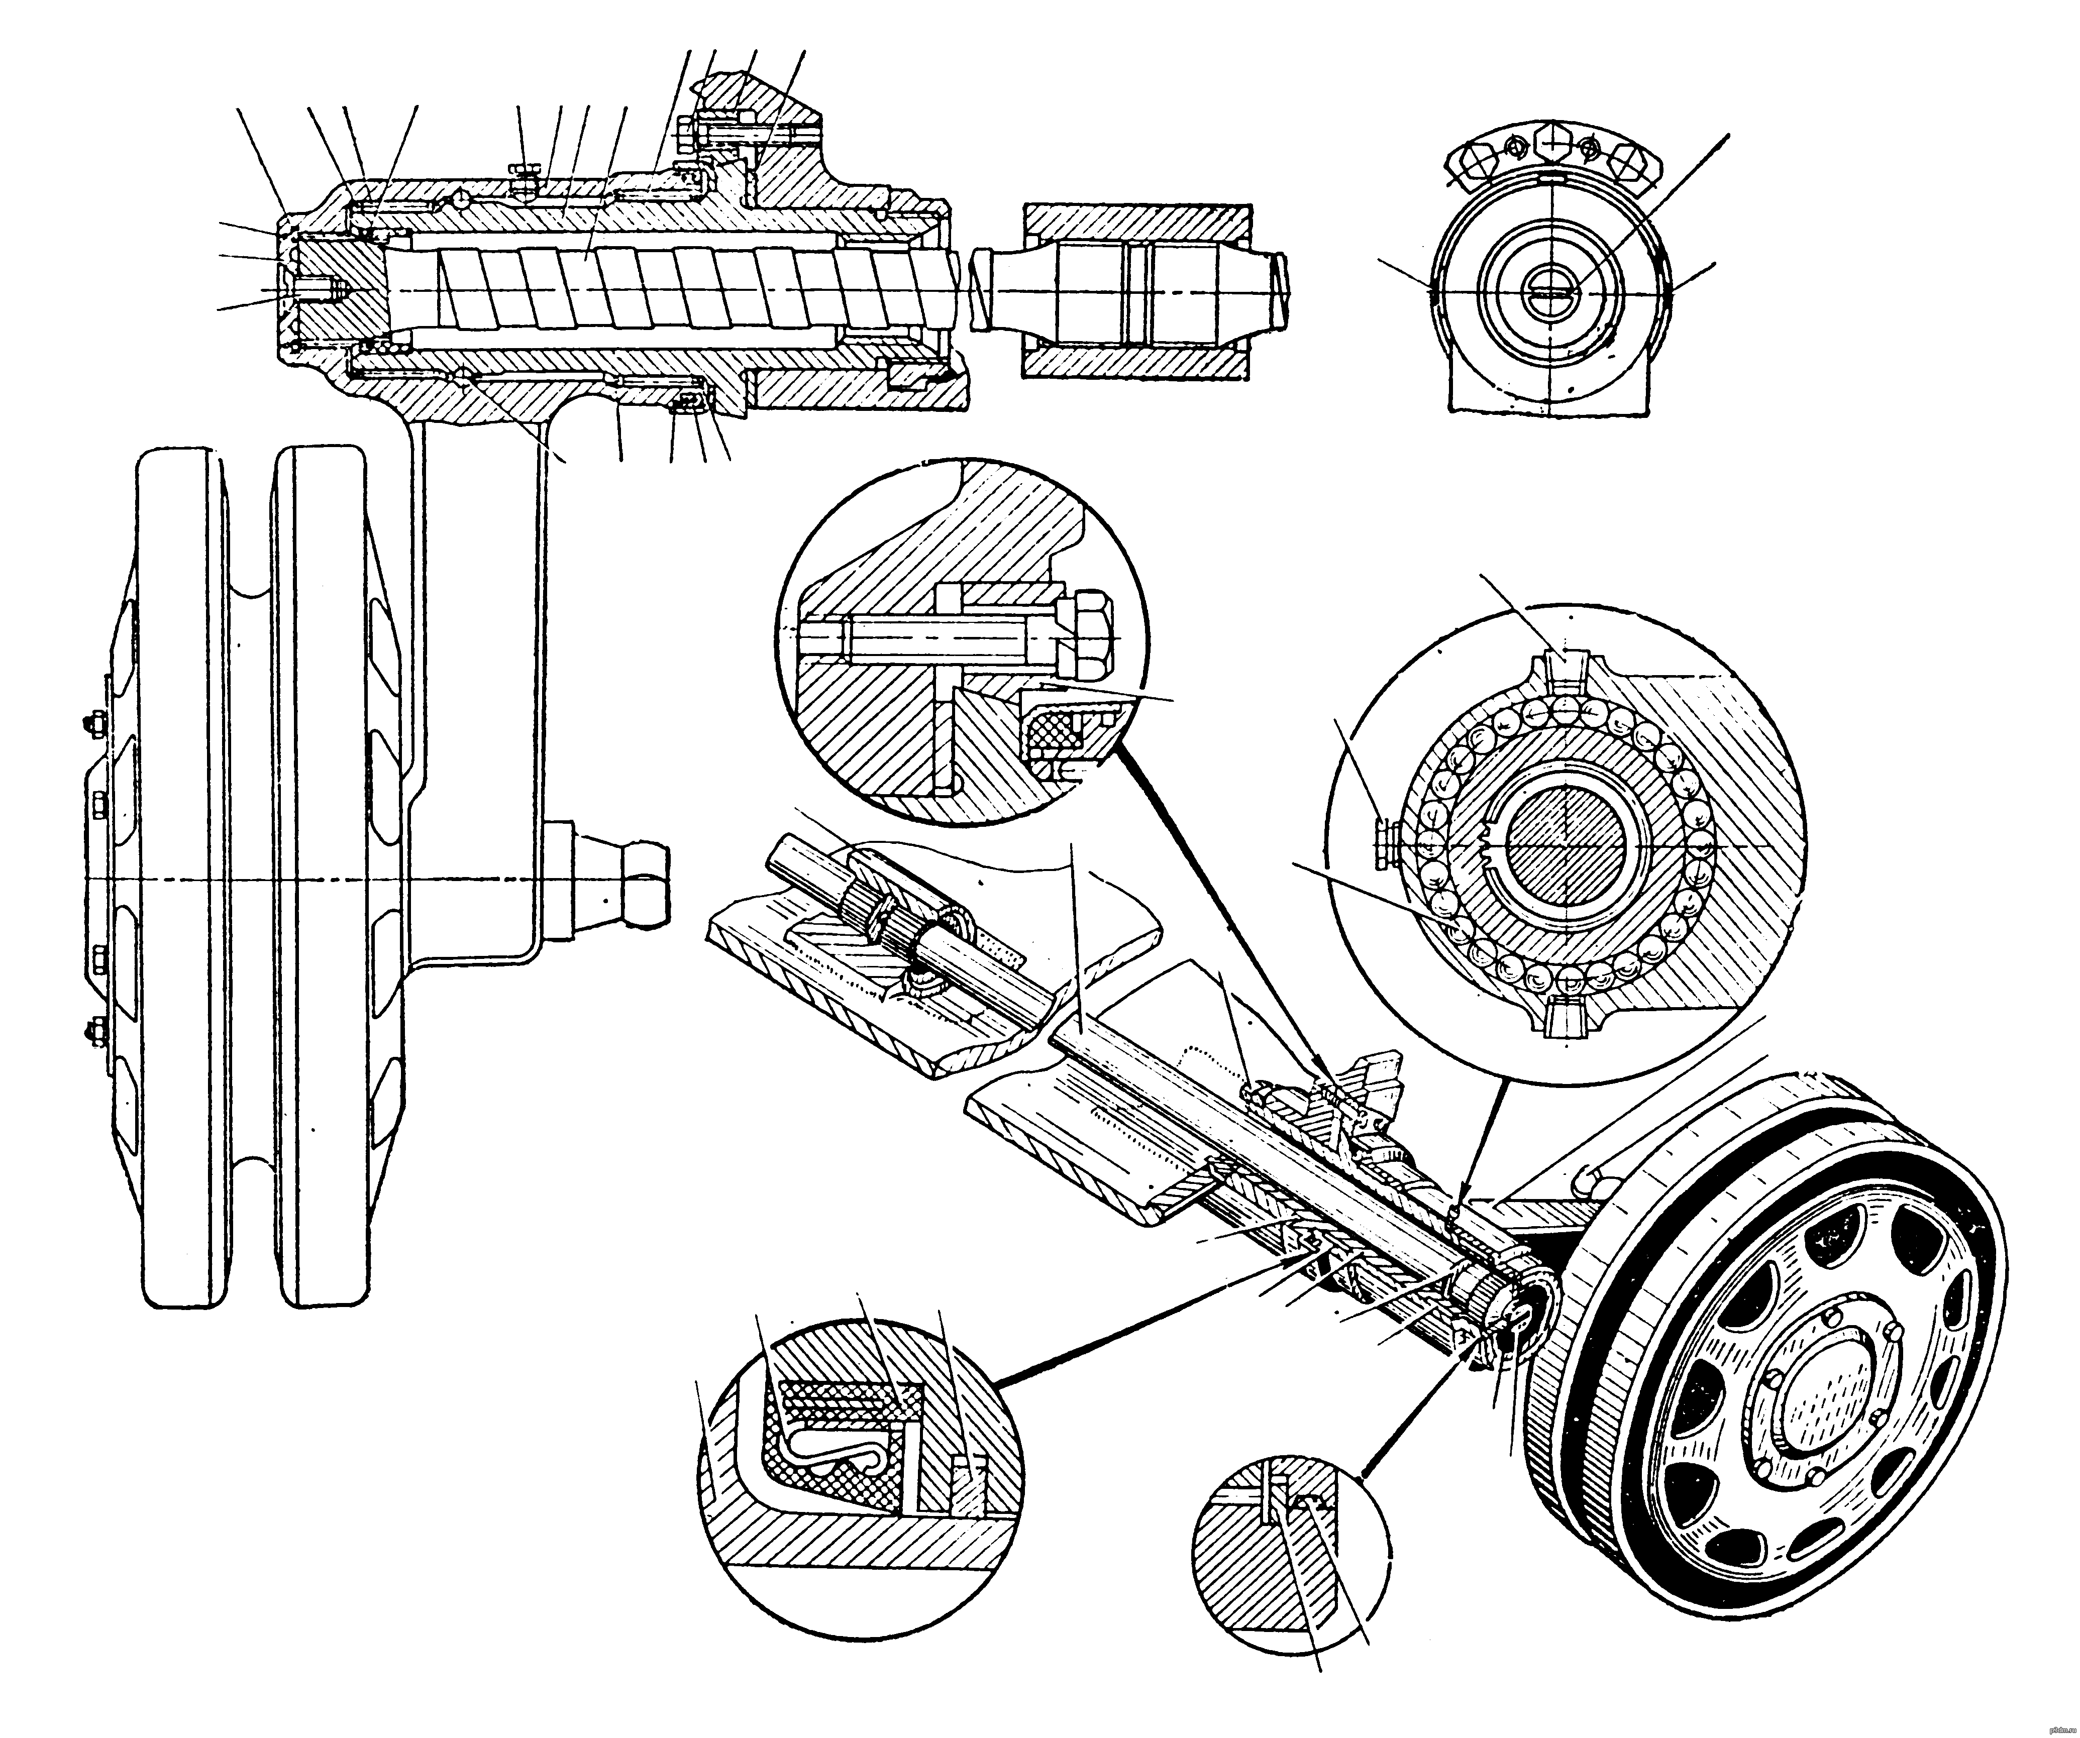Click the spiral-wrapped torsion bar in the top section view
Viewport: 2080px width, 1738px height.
coord(674,287)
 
